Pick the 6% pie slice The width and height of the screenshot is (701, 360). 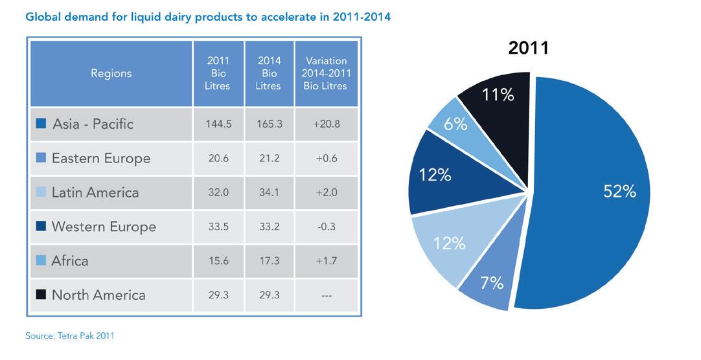click(x=455, y=125)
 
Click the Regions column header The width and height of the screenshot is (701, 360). click(x=111, y=73)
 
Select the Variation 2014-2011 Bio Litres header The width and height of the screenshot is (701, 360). click(x=325, y=73)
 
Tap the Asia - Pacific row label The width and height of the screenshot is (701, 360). click(x=92, y=124)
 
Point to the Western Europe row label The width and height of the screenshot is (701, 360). click(x=104, y=227)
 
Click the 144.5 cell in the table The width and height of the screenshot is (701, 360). click(x=218, y=124)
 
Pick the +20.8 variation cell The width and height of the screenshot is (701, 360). click(x=325, y=124)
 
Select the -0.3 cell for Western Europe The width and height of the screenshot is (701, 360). click(x=325, y=227)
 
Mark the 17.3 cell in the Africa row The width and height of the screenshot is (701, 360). click(x=269, y=261)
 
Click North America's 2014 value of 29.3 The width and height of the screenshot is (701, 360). click(x=269, y=295)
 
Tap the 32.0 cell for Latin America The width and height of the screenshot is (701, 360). click(x=218, y=192)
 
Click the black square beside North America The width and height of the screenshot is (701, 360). click(x=41, y=295)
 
